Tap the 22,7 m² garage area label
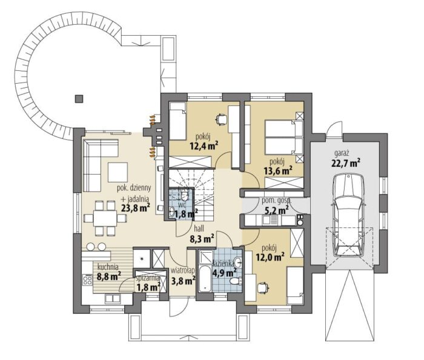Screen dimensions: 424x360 pos(345,163)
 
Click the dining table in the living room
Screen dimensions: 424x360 pos(105,218)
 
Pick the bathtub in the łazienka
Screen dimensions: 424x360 pos(205,279)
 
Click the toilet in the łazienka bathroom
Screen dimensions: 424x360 pos(236,281)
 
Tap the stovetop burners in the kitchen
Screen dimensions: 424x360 pos(87,279)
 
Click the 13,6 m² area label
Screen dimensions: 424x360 pos(277,170)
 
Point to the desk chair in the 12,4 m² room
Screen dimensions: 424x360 pos(222,119)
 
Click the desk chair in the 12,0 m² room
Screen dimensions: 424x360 pos(263,287)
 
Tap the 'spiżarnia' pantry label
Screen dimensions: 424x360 pos(148,278)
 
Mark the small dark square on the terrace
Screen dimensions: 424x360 pos(79,99)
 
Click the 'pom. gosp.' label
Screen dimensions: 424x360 pos(276,201)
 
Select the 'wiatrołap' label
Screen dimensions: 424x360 pos(183,270)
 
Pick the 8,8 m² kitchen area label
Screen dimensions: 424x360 pos(108,276)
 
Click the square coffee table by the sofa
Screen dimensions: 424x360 pos(118,172)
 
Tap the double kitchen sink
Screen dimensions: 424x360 pos(113,299)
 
